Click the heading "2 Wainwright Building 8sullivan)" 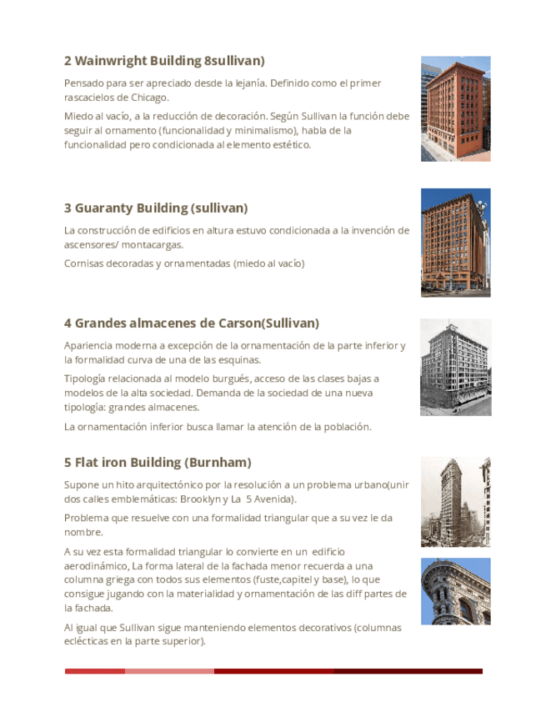(164, 61)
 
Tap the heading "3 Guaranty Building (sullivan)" (156, 208)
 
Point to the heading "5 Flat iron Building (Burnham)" (158, 462)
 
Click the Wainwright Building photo (455, 108)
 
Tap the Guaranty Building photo (455, 242)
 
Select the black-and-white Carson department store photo (455, 367)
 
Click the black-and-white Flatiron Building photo (455, 502)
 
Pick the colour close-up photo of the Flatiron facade (455, 591)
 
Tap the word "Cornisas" (85, 263)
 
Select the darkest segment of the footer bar (408, 671)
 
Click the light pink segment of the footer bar (169, 671)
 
